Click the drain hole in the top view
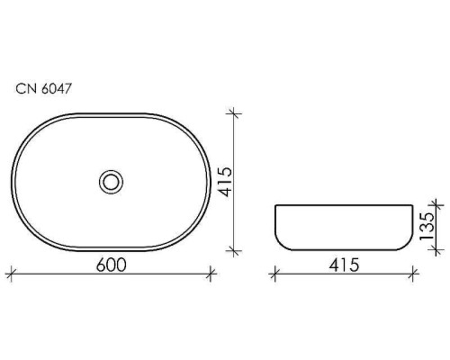(111, 182)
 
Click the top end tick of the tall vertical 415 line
(235, 113)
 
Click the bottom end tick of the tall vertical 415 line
(235, 250)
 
